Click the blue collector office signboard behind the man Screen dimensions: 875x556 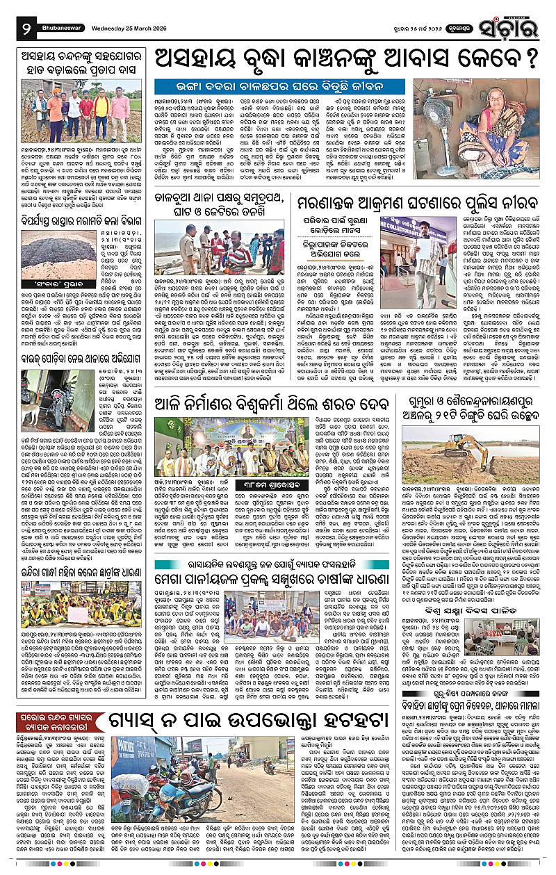pos(404,224)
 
